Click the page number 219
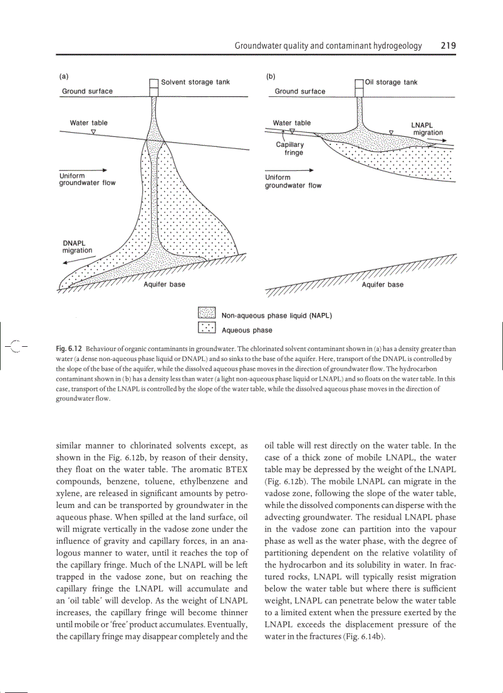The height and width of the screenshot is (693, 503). pos(448,46)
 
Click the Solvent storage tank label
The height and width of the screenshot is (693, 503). pos(195,82)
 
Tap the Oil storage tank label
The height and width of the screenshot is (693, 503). pos(391,82)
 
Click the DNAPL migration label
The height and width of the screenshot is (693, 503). pos(77,246)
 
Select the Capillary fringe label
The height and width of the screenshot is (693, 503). pos(290,149)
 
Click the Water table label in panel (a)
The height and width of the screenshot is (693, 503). pos(88,123)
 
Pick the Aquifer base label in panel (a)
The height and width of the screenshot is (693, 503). pos(164,284)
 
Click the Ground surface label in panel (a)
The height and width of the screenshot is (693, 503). pos(87,91)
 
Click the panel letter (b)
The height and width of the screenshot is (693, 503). pos(270,77)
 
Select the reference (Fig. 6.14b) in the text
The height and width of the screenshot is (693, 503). pos(357,636)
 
